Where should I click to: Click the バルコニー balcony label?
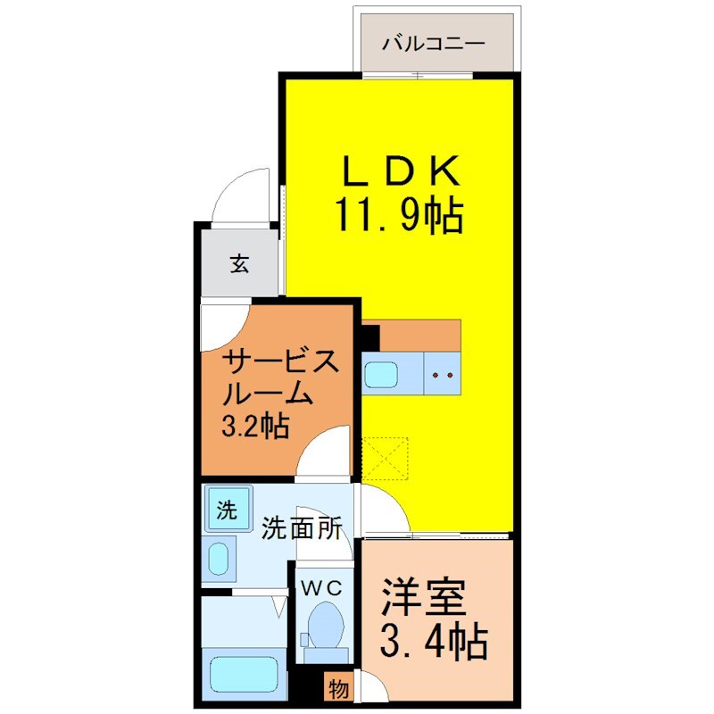(433, 44)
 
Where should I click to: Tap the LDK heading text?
(401, 170)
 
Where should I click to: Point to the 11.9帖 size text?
(399, 215)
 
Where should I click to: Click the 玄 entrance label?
(239, 263)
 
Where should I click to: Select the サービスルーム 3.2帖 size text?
(255, 427)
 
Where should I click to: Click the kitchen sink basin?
(381, 374)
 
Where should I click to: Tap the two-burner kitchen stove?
(442, 373)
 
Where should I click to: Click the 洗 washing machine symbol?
(228, 508)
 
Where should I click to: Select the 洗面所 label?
(302, 528)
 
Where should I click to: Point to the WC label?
(322, 589)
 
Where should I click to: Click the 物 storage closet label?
(339, 689)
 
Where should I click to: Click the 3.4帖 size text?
(434, 642)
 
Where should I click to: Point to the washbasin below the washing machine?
(219, 559)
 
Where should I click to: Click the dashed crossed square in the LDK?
(386, 459)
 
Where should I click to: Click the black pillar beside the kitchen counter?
(370, 337)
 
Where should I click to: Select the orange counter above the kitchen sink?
(419, 336)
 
